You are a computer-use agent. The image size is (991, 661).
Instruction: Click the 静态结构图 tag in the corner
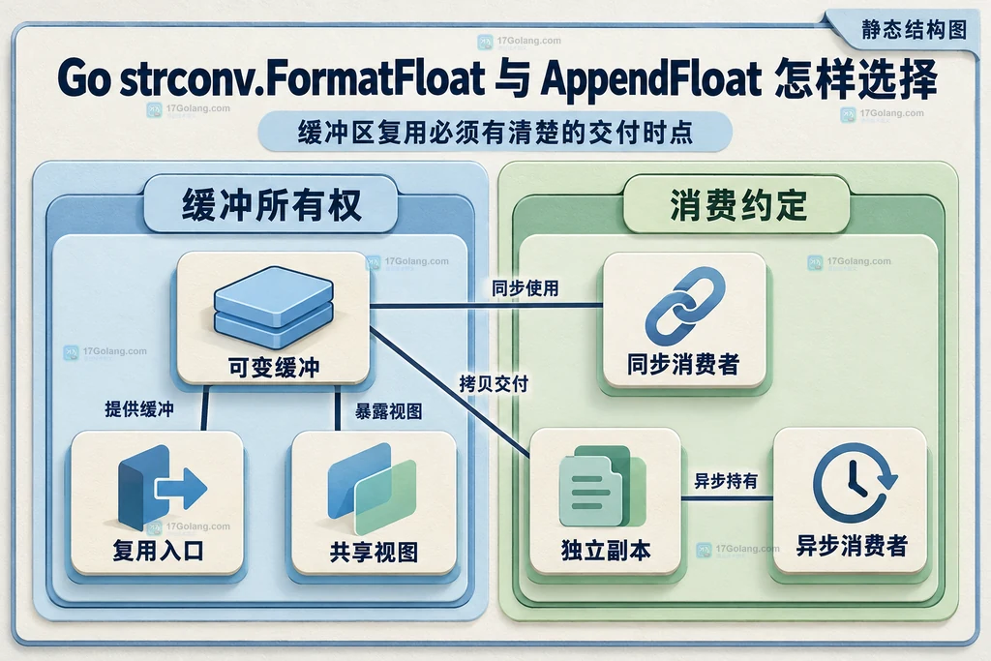pos(914,29)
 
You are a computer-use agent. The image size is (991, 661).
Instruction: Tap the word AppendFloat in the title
pos(651,79)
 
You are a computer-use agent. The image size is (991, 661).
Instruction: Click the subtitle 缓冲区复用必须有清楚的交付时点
pos(495,133)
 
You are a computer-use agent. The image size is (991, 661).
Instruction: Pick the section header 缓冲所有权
pos(272,205)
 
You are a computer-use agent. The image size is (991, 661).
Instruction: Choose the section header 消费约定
pos(738,205)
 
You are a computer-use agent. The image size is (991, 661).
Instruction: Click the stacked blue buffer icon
pos(274,307)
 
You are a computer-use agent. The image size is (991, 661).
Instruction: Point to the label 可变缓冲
pos(274,367)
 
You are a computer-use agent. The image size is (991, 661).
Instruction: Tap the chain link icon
pos(684,306)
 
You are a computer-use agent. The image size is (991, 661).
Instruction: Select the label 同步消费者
pos(683,365)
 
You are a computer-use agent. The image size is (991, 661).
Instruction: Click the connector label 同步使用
pos(526,288)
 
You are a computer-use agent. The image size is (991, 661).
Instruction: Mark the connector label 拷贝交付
pos(494,383)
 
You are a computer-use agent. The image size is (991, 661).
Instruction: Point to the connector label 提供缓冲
pos(139,408)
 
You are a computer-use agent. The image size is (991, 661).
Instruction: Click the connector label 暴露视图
pos(388,411)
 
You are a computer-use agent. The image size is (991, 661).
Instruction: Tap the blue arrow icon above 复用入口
pos(162,488)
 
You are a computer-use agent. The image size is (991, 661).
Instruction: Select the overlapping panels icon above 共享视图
pos(373,488)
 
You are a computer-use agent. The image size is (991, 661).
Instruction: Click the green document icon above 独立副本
pos(602,486)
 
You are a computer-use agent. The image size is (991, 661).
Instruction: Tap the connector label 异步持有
pos(726,482)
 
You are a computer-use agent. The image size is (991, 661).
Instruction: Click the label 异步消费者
pos(852,546)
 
